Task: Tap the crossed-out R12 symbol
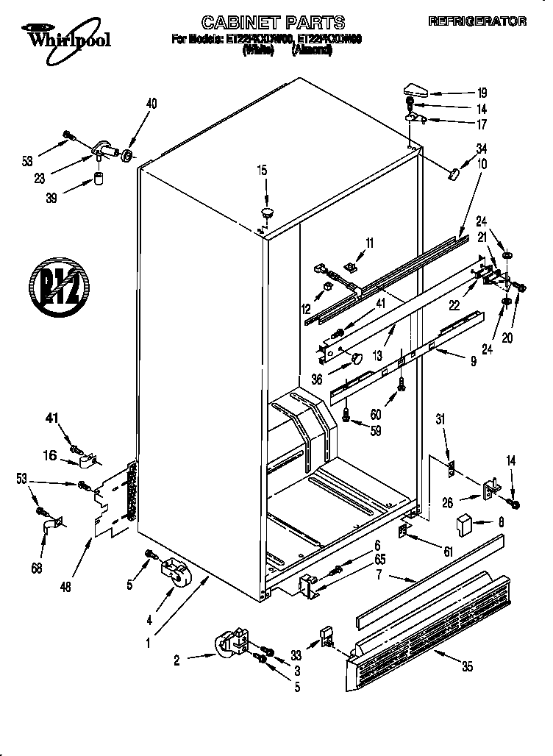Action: point(59,281)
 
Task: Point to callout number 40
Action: point(151,104)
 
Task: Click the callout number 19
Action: point(482,93)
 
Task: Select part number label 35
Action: point(467,667)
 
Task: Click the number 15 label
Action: point(261,171)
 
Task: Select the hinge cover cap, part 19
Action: point(417,90)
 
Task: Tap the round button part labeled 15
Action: point(265,213)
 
